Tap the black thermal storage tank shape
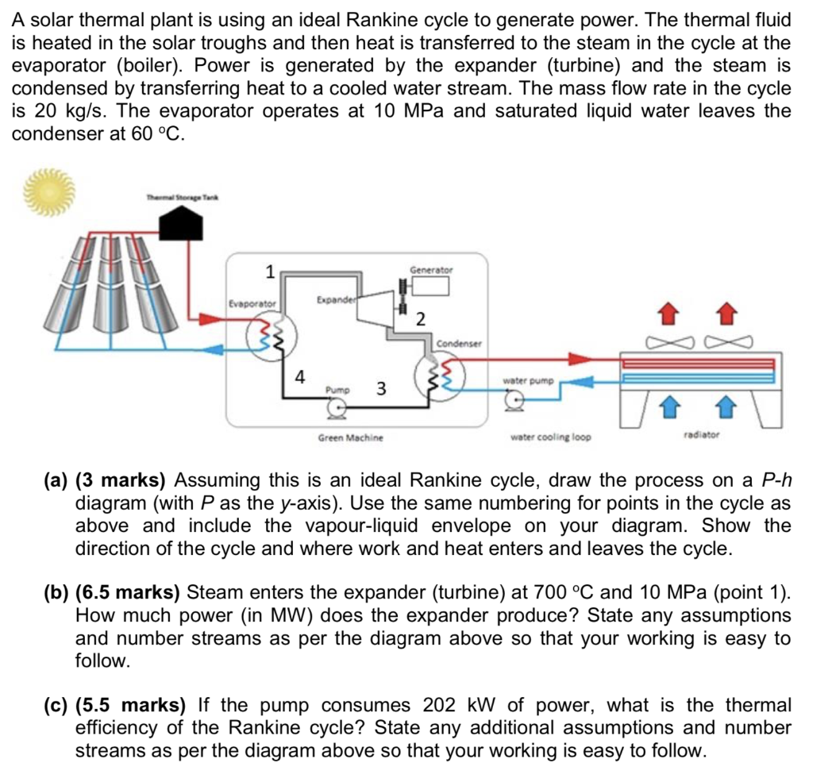coord(183,225)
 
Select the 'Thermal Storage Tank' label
coord(183,198)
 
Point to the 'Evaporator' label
coord(252,303)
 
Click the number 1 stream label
coord(270,272)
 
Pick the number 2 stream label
coord(421,319)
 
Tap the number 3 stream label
coord(381,389)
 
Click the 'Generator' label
coord(431,269)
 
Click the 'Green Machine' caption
coord(350,437)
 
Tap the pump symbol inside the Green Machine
coord(337,409)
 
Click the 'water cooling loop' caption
coord(550,437)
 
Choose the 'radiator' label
coord(701,435)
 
